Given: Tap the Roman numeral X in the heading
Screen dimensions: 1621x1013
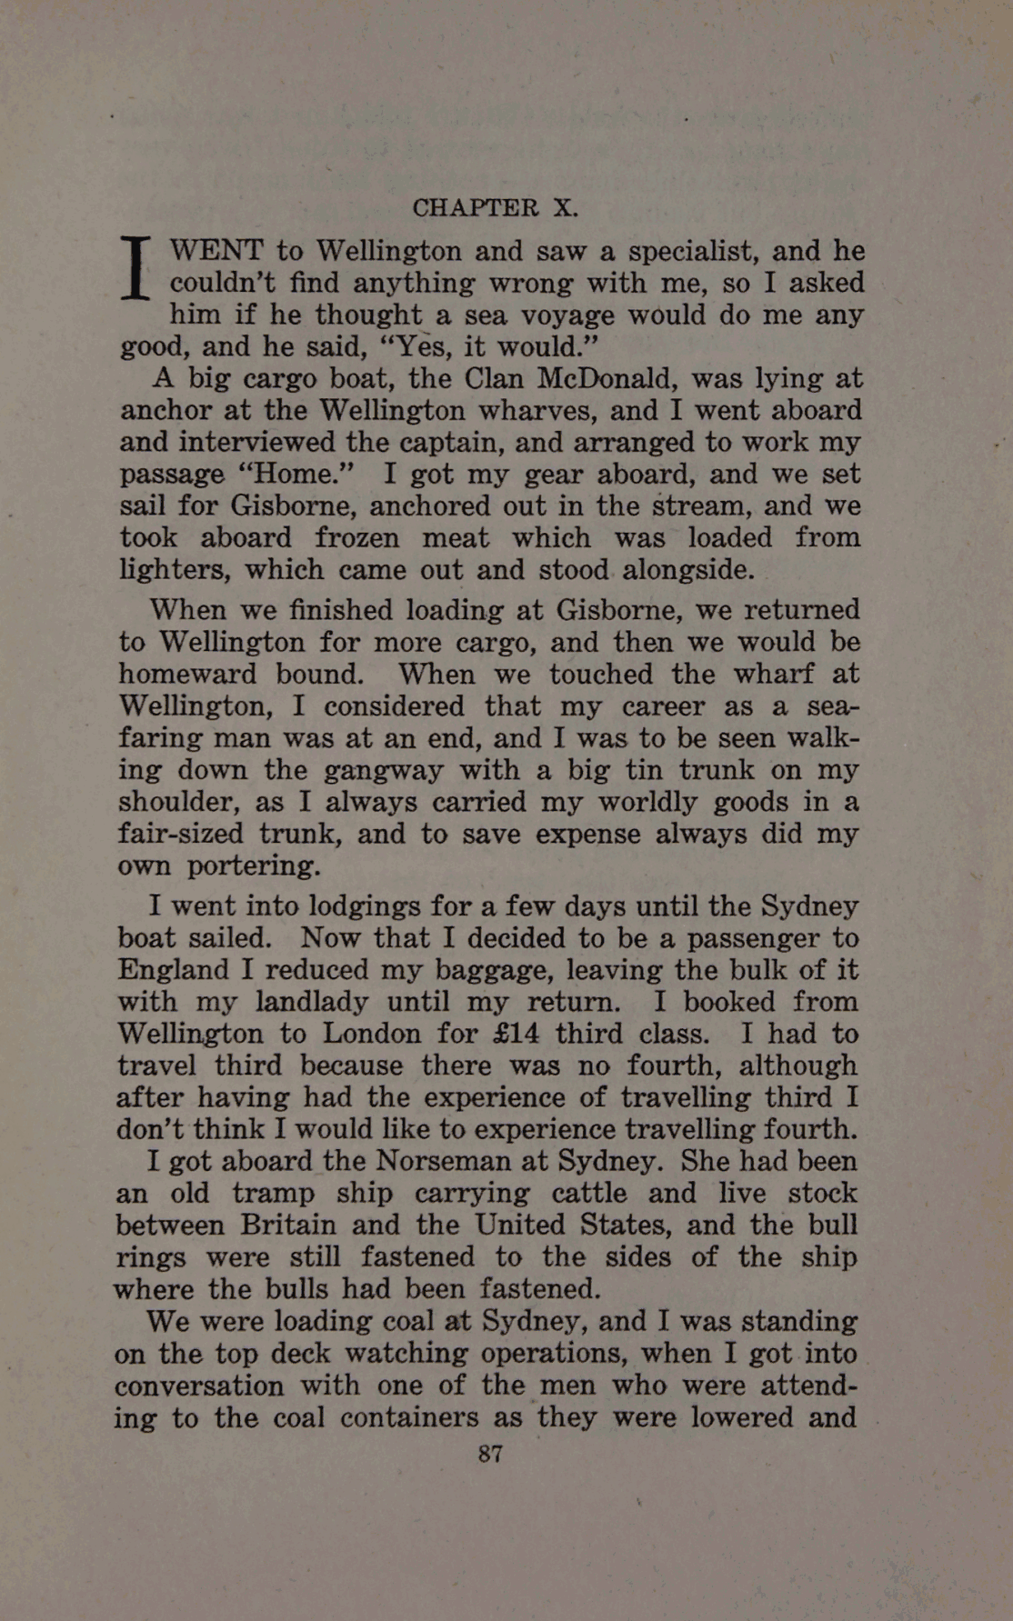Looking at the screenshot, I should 565,208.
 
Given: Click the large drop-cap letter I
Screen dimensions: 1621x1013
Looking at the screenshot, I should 136,267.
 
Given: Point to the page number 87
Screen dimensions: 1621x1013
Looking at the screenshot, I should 490,1454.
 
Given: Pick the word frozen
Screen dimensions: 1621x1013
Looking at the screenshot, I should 356,538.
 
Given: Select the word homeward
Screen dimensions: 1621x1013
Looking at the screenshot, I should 188,675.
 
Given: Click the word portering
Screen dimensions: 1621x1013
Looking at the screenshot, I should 253,866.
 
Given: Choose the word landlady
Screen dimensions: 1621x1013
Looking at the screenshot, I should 312,1002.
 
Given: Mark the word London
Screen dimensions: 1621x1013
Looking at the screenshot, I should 374,1034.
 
